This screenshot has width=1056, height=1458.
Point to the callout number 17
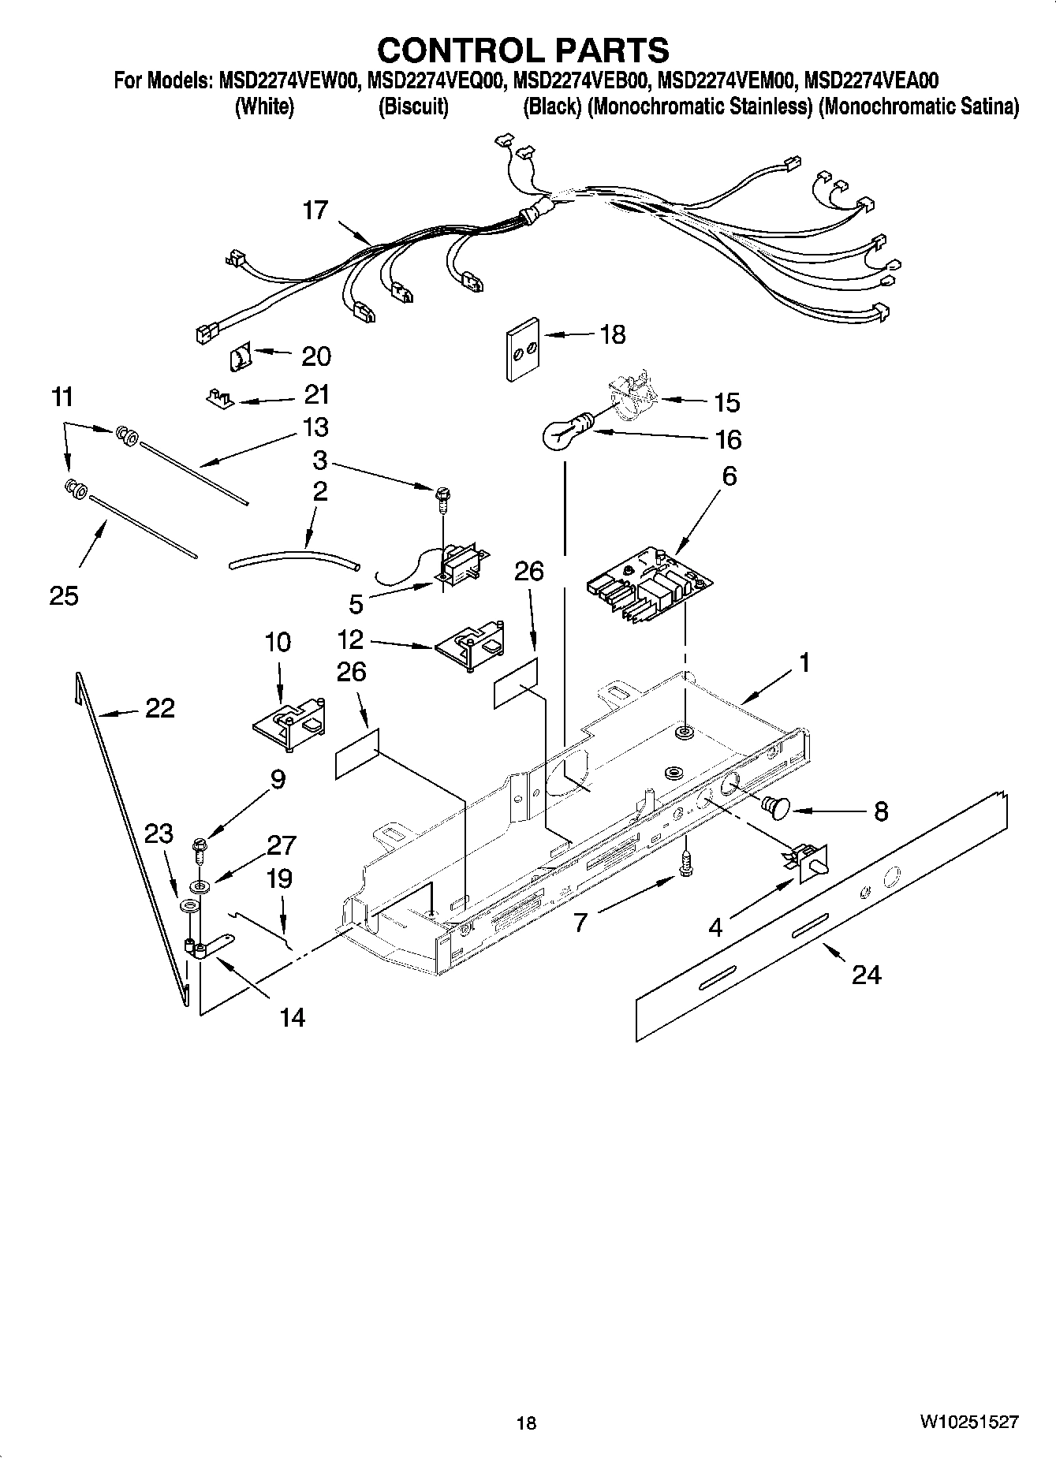tap(315, 211)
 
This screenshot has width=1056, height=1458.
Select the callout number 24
tap(866, 975)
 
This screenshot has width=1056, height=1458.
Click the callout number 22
tap(159, 708)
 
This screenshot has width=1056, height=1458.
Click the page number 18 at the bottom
tap(526, 1423)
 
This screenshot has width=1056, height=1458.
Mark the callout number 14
tap(292, 1018)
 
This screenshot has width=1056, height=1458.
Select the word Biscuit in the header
tap(413, 107)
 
